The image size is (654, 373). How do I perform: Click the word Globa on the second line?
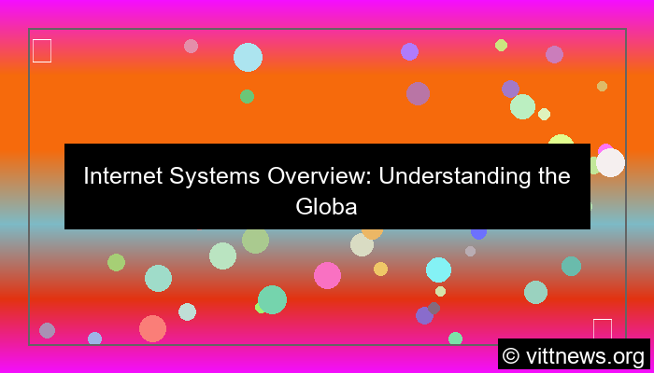327,206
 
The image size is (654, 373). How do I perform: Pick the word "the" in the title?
553,176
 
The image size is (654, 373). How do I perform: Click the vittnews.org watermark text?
586,355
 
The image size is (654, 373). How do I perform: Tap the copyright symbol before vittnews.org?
511,355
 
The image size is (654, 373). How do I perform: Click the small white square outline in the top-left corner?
42,50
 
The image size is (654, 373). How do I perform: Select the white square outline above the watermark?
603,328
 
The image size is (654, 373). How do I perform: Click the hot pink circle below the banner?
327,275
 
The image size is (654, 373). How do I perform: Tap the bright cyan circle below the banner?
438,269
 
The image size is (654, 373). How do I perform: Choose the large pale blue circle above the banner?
248,57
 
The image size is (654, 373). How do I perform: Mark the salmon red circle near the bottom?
152,328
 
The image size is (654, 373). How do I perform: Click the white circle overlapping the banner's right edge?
610,162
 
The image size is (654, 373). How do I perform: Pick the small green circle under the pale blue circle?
247,96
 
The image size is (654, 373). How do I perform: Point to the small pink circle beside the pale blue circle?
191,46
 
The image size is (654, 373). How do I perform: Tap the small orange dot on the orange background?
602,86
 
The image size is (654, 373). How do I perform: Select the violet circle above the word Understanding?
409,51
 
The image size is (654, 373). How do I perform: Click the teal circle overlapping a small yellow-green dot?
272,299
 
